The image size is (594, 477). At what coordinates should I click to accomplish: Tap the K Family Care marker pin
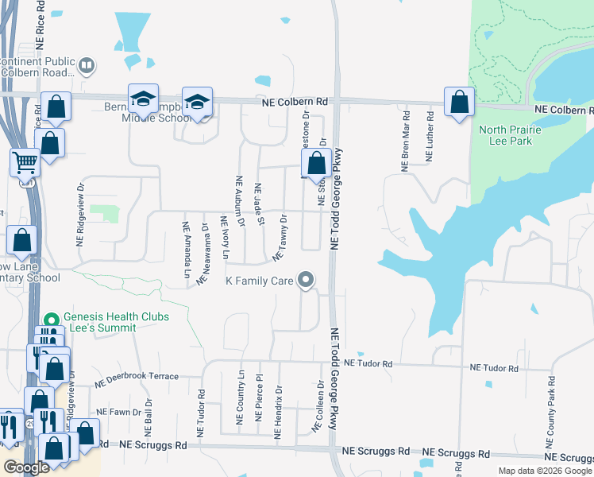pyautogui.click(x=306, y=279)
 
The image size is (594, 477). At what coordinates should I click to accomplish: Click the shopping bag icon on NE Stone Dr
pyautogui.click(x=316, y=164)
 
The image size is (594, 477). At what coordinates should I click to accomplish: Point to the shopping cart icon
pyautogui.click(x=25, y=162)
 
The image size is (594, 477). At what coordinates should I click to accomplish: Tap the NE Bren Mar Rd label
pyautogui.click(x=405, y=148)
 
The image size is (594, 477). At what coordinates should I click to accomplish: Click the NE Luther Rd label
pyautogui.click(x=429, y=143)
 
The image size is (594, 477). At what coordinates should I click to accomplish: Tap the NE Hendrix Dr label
pyautogui.click(x=278, y=413)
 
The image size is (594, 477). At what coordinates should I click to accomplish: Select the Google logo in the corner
pyautogui.click(x=26, y=467)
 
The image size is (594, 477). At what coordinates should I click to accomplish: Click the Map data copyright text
pyautogui.click(x=544, y=471)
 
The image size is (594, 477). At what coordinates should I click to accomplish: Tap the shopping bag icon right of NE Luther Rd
pyautogui.click(x=459, y=103)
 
